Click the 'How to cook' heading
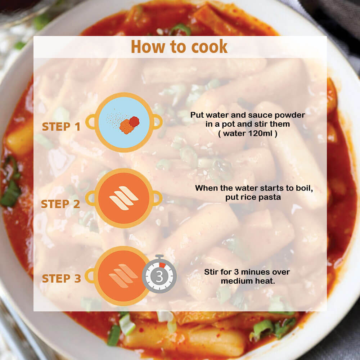pos(179,46)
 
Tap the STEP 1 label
pos(61,126)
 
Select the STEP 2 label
pos(60,204)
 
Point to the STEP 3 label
pos(61,279)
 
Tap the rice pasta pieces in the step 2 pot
pos(124,198)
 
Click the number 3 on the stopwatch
pos(159,276)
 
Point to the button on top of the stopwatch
pos(159,257)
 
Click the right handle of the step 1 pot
pos(158,122)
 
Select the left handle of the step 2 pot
pos(90,198)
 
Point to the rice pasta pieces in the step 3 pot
pos(123,276)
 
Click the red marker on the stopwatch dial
pos(162,265)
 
